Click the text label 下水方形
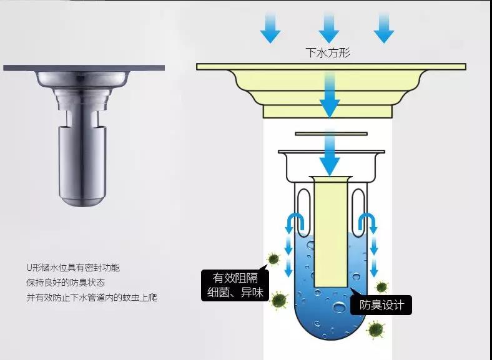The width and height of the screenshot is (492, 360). tap(328, 53)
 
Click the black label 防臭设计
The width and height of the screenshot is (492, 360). tap(381, 305)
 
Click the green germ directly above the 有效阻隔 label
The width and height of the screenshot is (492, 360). tap(272, 258)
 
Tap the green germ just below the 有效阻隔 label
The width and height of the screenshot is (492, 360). tap(279, 301)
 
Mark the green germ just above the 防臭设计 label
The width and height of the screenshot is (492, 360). tap(381, 286)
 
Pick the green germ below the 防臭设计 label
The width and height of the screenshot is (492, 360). tap(375, 328)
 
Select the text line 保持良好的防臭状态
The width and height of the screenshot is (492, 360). tap(65, 282)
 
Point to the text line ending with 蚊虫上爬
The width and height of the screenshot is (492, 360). tap(91, 298)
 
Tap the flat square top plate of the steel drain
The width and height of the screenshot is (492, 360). tap(84, 67)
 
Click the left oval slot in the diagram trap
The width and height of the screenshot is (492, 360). tap(304, 203)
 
